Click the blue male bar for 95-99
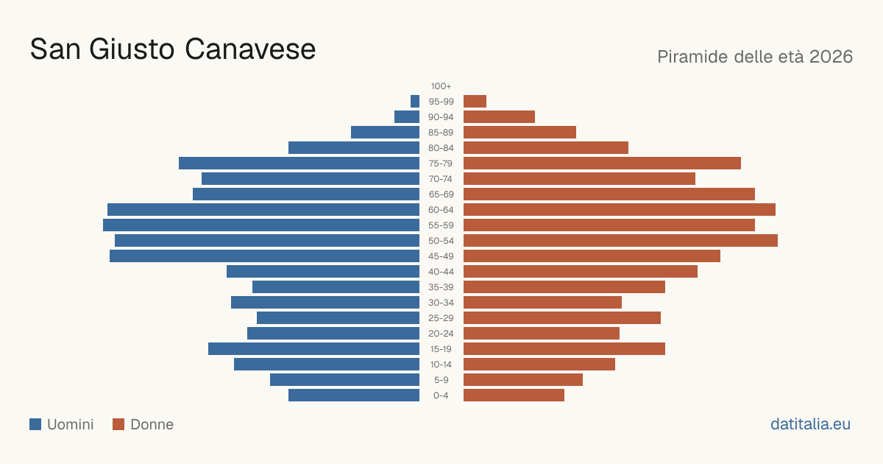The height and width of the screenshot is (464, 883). tap(415, 102)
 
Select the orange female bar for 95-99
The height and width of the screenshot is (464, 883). tap(475, 102)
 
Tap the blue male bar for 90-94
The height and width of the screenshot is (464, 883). tap(407, 117)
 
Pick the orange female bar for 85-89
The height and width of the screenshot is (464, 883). tap(519, 132)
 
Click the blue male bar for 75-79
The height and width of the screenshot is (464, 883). tap(299, 164)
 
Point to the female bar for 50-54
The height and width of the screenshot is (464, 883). tap(620, 241)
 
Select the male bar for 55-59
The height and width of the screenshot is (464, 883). tap(261, 225)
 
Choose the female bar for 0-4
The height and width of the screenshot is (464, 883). tap(514, 396)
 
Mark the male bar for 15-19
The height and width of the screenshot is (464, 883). tap(313, 349)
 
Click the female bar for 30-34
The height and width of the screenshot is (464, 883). tap(542, 303)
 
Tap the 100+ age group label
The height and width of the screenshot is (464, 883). tap(441, 86)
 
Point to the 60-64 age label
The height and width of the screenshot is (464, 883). tap(441, 210)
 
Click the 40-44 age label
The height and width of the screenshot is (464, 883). tap(441, 272)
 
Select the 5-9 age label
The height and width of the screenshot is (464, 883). tap(441, 380)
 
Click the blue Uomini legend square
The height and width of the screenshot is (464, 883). tap(35, 424)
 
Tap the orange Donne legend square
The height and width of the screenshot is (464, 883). tap(118, 424)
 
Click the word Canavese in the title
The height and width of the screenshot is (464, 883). tap(250, 49)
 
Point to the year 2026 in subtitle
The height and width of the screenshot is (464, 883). tap(831, 57)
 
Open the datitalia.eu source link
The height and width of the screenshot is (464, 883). tap(810, 424)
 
